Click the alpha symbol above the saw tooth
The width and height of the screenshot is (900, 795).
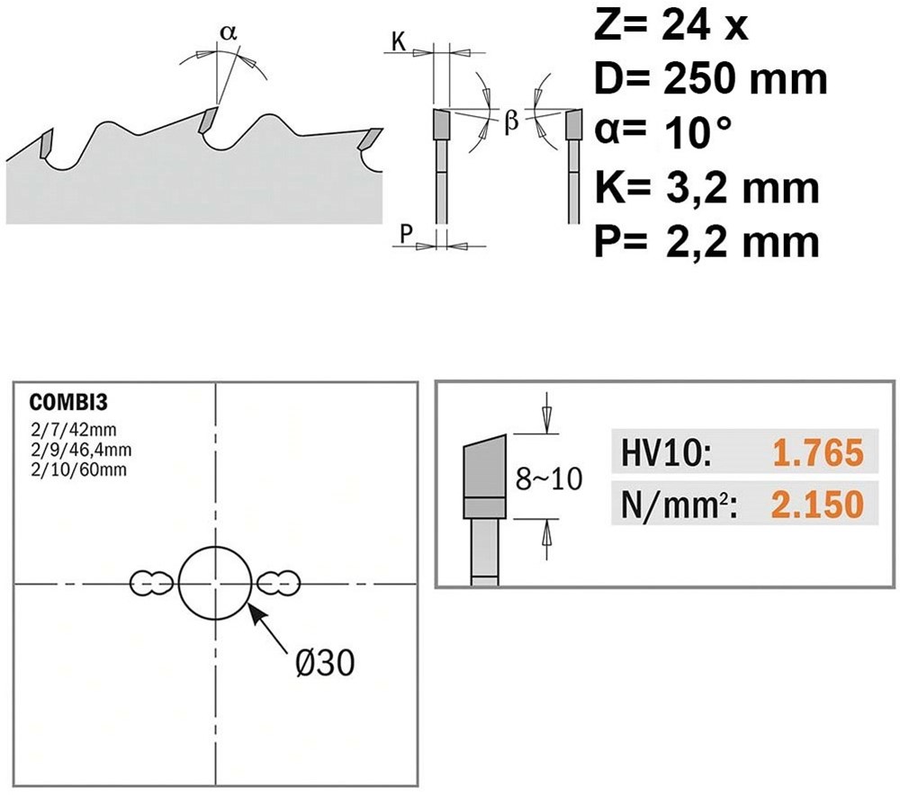[229, 32]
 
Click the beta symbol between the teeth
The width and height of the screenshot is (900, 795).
[511, 121]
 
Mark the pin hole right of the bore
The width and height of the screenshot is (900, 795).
[278, 584]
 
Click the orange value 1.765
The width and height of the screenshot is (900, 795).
[816, 453]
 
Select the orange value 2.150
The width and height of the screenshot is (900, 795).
[816, 505]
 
